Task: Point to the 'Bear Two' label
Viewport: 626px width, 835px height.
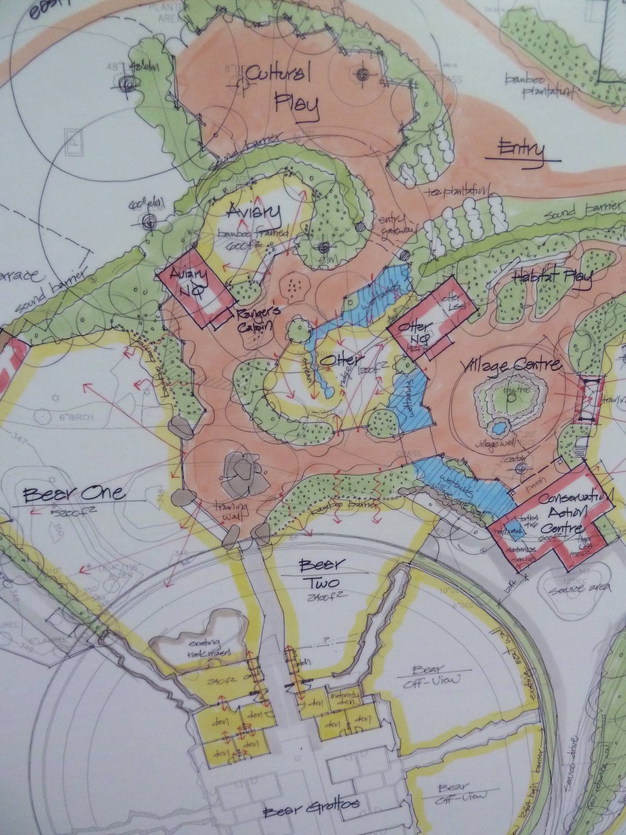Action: [x=319, y=573]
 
